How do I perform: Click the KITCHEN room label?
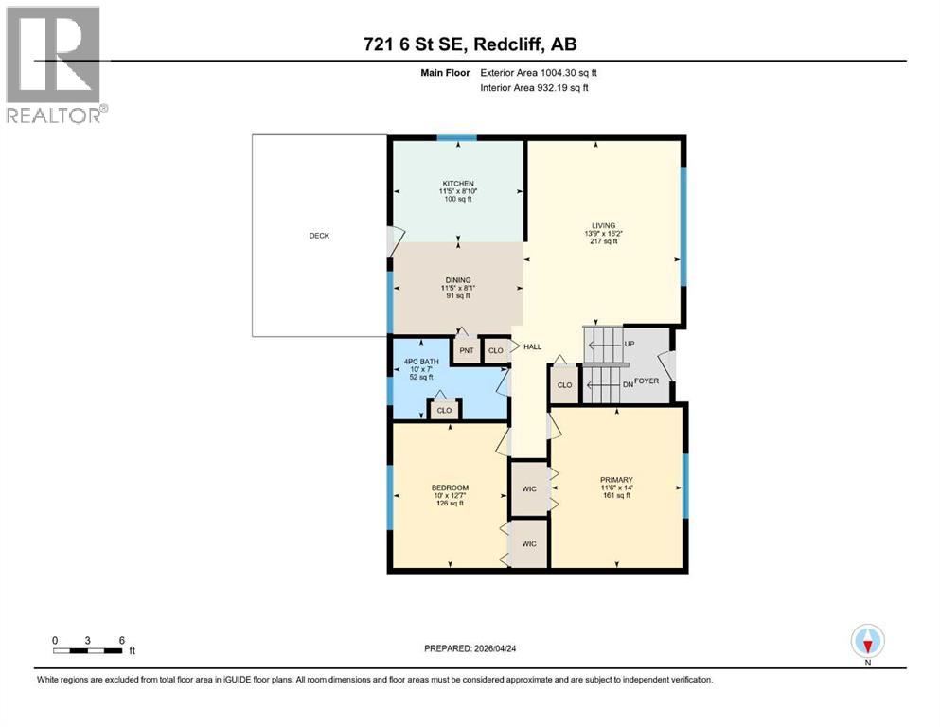(x=457, y=183)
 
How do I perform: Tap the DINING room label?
(x=458, y=279)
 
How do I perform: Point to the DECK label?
(x=319, y=236)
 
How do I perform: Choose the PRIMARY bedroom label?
(x=615, y=480)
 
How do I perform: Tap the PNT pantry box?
(x=466, y=350)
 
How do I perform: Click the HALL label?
(x=532, y=347)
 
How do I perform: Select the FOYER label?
(x=646, y=381)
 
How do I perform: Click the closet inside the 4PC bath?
(x=443, y=410)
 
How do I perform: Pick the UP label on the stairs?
(x=629, y=345)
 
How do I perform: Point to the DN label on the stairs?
(x=627, y=383)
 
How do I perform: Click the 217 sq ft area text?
(x=602, y=242)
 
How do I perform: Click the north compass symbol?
(x=866, y=641)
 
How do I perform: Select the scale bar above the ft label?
(x=88, y=649)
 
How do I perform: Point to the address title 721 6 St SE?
(x=470, y=44)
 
